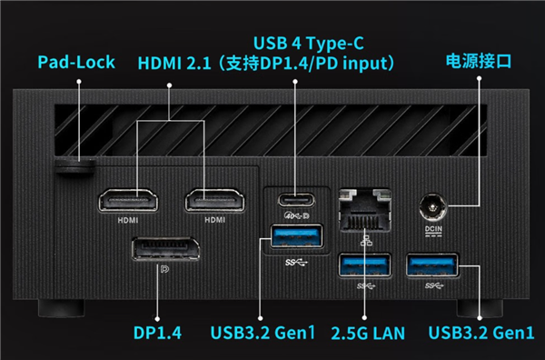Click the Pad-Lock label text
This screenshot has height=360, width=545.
coord(76,62)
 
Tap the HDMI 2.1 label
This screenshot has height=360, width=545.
coord(174,64)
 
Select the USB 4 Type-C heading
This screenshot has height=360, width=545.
coord(309,44)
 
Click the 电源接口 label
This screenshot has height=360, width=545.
coord(479,61)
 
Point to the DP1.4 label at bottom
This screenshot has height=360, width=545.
coord(157,333)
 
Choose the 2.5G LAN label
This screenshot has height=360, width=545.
coord(368,334)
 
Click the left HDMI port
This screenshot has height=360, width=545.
coord(128,200)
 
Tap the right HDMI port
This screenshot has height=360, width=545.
coord(214,200)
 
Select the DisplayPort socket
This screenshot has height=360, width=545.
coord(166,249)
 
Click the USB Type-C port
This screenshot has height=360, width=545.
coord(296,200)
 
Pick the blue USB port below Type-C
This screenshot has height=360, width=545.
coord(296,236)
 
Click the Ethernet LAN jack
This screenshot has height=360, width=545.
coord(364,210)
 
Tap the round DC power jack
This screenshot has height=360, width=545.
coord(432,207)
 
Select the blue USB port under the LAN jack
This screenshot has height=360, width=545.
coord(364,265)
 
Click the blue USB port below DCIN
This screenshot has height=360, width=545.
coord(432,265)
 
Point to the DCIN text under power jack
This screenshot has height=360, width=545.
coord(433,229)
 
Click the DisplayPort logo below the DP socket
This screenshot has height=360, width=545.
coord(164,269)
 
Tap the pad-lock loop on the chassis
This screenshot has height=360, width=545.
coord(75,165)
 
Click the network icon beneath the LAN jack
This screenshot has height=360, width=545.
coord(366,241)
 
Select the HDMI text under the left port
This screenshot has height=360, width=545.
coord(128,220)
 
